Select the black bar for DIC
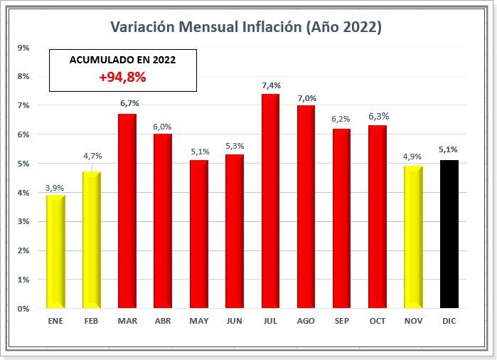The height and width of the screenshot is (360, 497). coord(449,235)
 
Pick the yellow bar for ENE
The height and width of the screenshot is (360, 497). coord(55,252)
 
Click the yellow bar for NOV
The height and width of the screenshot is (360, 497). coord(413,238)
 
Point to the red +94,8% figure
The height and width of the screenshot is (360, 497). coord(122,77)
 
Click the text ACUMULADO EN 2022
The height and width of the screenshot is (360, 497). coord(122,60)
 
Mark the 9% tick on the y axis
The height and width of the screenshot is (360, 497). coord(23,48)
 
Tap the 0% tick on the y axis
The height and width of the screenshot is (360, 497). coord(23,309)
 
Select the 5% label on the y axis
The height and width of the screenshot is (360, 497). coord(23,164)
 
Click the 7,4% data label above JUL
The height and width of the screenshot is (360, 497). coord(271,85)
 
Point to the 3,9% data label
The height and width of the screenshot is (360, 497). coord(55,188)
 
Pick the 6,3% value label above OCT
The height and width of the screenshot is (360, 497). coord(378,116)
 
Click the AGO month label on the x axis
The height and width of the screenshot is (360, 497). coord(306,322)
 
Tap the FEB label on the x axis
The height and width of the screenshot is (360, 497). coord(92,322)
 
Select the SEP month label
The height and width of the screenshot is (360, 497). coord(341,322)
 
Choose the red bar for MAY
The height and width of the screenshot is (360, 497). coord(199,235)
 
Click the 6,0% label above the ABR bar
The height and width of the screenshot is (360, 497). coord(163,127)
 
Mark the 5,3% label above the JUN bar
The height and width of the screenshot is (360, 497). coord(235,147)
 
